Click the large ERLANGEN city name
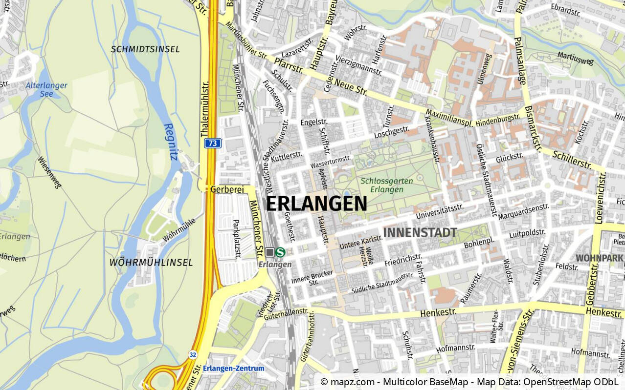(316, 204)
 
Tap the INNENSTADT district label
(420, 233)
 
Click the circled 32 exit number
(193, 354)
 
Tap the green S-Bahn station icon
(281, 252)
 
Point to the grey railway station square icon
(270, 252)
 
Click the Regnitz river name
(170, 142)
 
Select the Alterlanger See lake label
(46, 89)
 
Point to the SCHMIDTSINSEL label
(145, 49)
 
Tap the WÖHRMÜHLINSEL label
(151, 263)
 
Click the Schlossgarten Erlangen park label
(386, 185)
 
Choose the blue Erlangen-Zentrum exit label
(233, 369)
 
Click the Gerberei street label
(227, 189)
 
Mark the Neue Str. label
(351, 87)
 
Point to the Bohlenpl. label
(479, 242)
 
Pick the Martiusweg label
(576, 59)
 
